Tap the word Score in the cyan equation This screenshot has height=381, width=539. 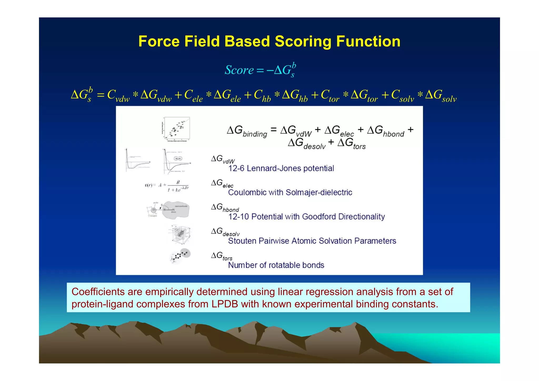(239, 70)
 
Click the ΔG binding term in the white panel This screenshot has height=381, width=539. (247, 131)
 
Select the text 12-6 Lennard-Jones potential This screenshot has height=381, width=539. (281, 168)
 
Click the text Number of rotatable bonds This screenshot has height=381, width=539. (276, 265)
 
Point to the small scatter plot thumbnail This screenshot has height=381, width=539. (176, 129)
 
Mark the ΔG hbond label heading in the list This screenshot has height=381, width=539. (225, 208)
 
